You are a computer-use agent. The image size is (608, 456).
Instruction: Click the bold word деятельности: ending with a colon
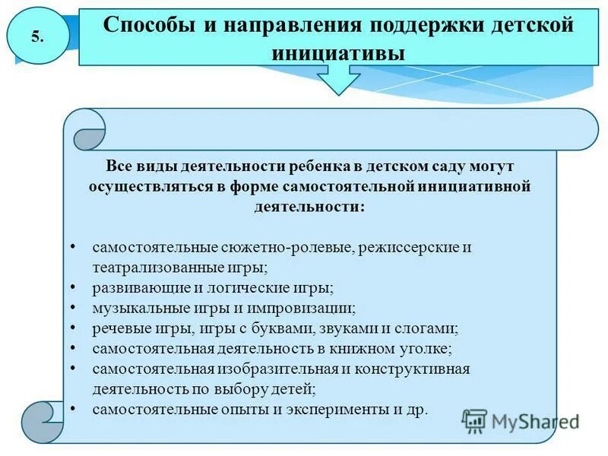pos(309,206)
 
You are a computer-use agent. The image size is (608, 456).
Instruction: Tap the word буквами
pos(286,329)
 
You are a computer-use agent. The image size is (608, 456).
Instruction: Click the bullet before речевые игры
pos(72,328)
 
